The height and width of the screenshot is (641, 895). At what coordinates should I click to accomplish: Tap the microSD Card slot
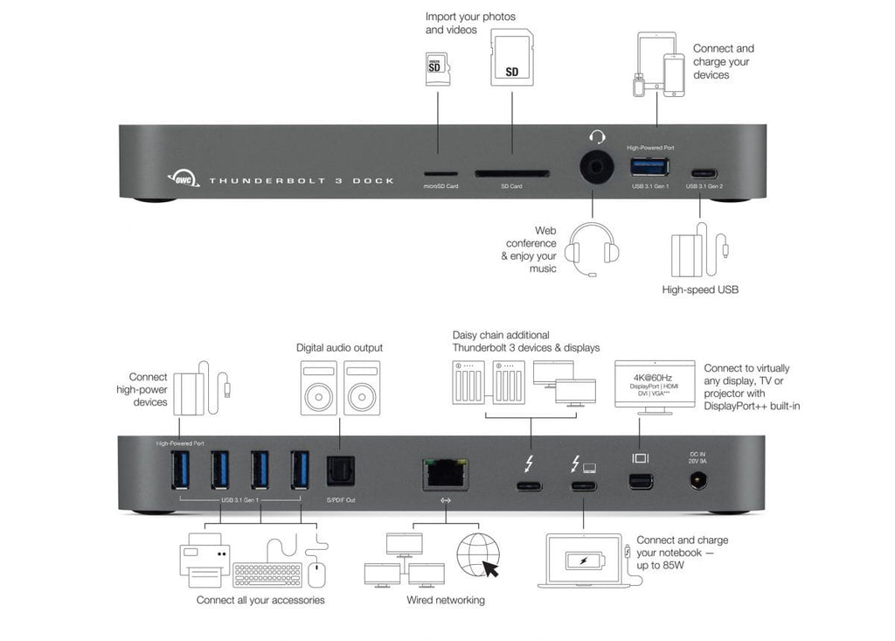tap(440, 173)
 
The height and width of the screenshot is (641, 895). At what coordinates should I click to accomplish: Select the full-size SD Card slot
tap(511, 173)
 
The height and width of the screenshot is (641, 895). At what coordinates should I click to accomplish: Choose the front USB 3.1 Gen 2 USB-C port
tap(704, 172)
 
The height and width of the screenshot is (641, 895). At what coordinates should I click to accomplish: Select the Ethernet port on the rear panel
tap(445, 472)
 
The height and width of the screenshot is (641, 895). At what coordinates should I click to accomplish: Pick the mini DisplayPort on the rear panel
tap(640, 479)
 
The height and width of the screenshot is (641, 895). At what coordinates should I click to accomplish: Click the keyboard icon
tap(267, 574)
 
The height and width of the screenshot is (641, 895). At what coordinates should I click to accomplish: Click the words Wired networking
tap(445, 600)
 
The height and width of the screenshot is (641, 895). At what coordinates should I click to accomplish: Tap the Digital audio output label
tap(339, 347)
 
